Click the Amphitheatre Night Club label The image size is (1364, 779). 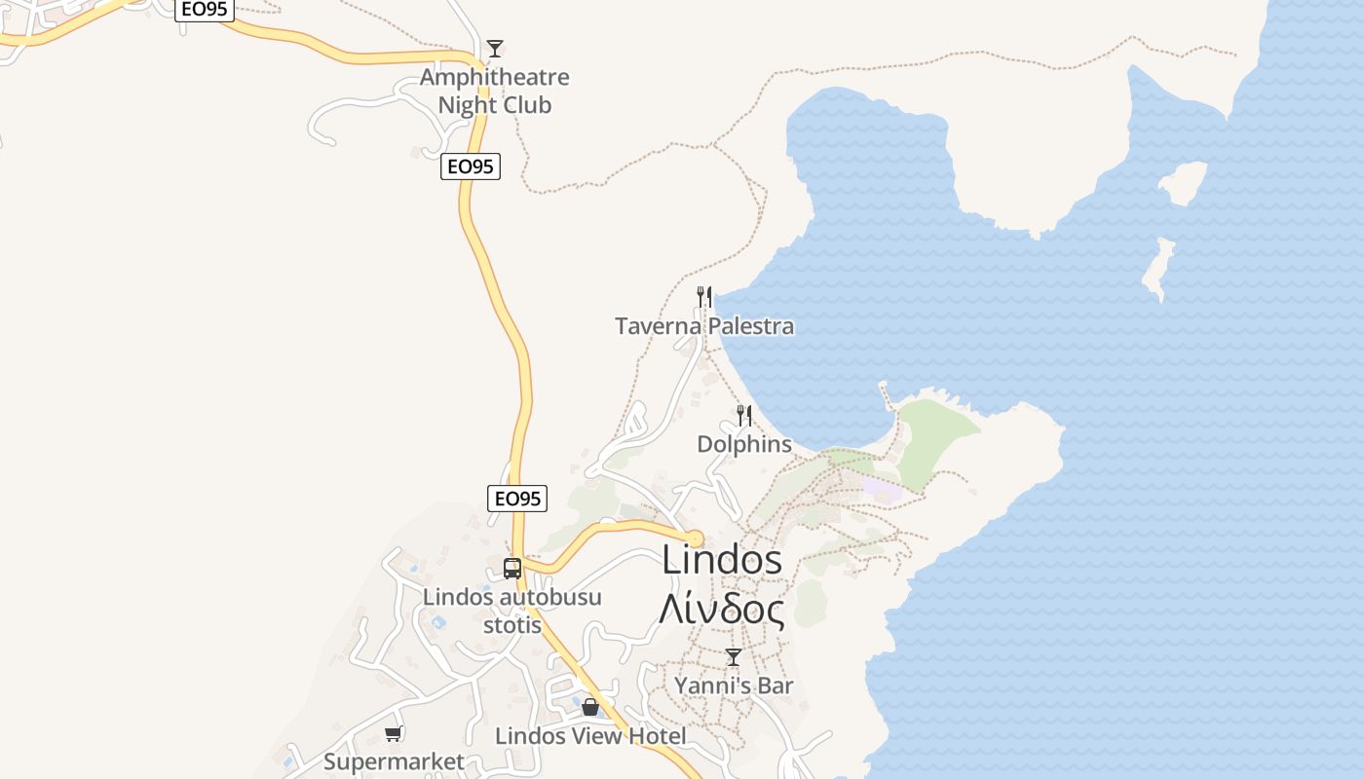point(494,91)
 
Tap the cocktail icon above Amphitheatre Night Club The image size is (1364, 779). point(495,49)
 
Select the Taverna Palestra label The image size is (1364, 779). point(703,326)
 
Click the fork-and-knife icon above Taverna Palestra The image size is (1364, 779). point(703,296)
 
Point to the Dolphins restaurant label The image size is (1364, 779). point(743,444)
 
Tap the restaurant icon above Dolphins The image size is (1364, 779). point(744,416)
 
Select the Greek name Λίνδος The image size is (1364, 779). point(721,610)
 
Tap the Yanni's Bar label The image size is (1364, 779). point(734,686)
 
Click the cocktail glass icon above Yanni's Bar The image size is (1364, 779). point(734,657)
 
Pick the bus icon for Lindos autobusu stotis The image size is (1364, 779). point(512,569)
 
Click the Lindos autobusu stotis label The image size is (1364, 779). point(511,611)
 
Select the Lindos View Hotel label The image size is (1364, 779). point(590,736)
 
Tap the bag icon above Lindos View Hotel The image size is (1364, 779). point(590,707)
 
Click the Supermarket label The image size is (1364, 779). point(394,761)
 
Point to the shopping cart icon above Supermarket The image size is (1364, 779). point(394,733)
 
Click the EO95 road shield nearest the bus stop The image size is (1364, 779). point(516,499)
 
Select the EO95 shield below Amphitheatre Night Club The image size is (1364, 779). point(470,167)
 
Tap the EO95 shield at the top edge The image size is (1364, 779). point(204,10)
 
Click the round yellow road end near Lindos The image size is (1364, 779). point(694,538)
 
